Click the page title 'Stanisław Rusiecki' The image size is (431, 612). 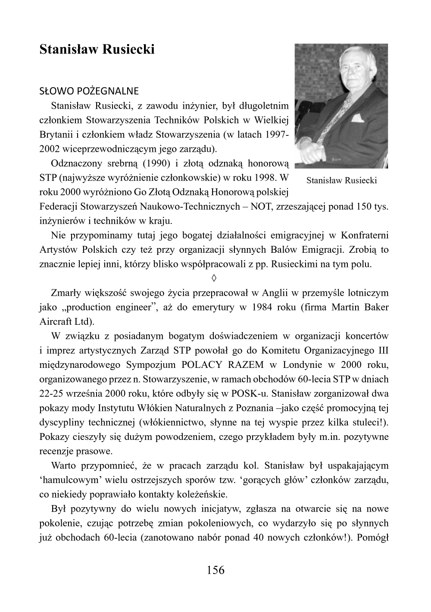click(97, 50)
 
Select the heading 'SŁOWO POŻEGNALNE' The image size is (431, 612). click(89, 91)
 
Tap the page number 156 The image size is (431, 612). click(215, 570)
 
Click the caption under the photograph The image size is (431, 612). click(341, 180)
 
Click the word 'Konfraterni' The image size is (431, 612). click(365, 235)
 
